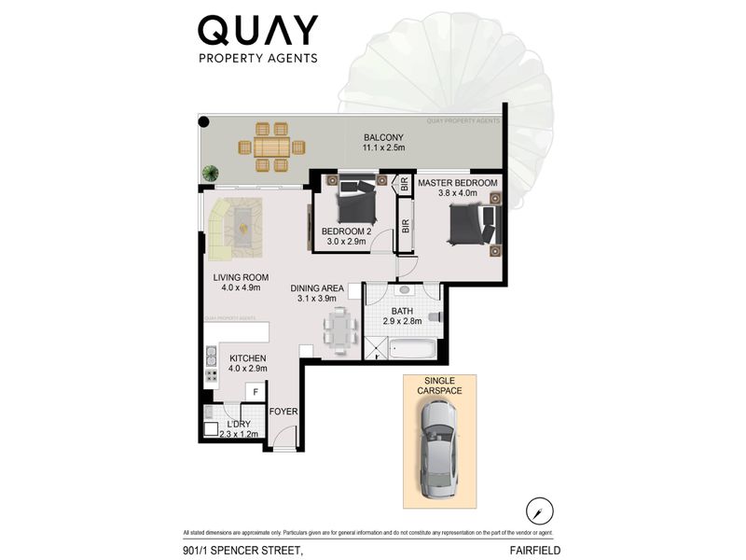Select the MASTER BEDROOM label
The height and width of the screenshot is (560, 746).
pos(458,183)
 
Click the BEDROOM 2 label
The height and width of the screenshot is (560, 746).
pos(346,231)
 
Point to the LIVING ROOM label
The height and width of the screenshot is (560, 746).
pos(241,277)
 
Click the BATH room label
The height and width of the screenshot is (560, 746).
pos(403,312)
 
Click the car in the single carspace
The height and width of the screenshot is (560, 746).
pos(439,455)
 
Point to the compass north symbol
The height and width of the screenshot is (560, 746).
pos(539,511)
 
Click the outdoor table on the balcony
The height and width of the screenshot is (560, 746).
pos(272,146)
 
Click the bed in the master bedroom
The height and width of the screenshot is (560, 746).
pos(472,224)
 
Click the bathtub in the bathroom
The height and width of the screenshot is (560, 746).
pos(411,352)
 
